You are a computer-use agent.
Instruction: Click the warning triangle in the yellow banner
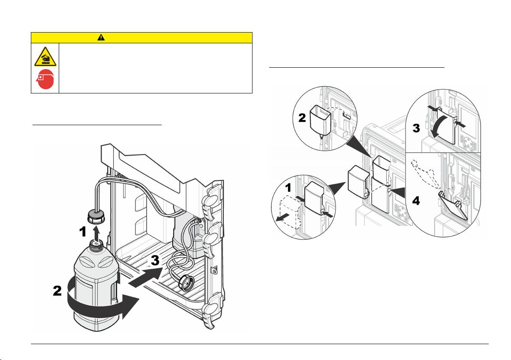101,37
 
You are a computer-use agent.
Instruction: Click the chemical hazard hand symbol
45,57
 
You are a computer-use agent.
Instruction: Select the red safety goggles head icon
45,79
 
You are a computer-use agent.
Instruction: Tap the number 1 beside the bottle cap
83,231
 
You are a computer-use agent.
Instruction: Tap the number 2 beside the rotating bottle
57,291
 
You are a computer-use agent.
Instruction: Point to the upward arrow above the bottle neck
96,233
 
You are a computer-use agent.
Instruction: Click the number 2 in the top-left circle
302,117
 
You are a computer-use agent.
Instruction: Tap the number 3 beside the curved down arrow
416,128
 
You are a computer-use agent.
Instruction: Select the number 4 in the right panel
416,201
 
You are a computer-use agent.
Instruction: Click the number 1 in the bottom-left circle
288,188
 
